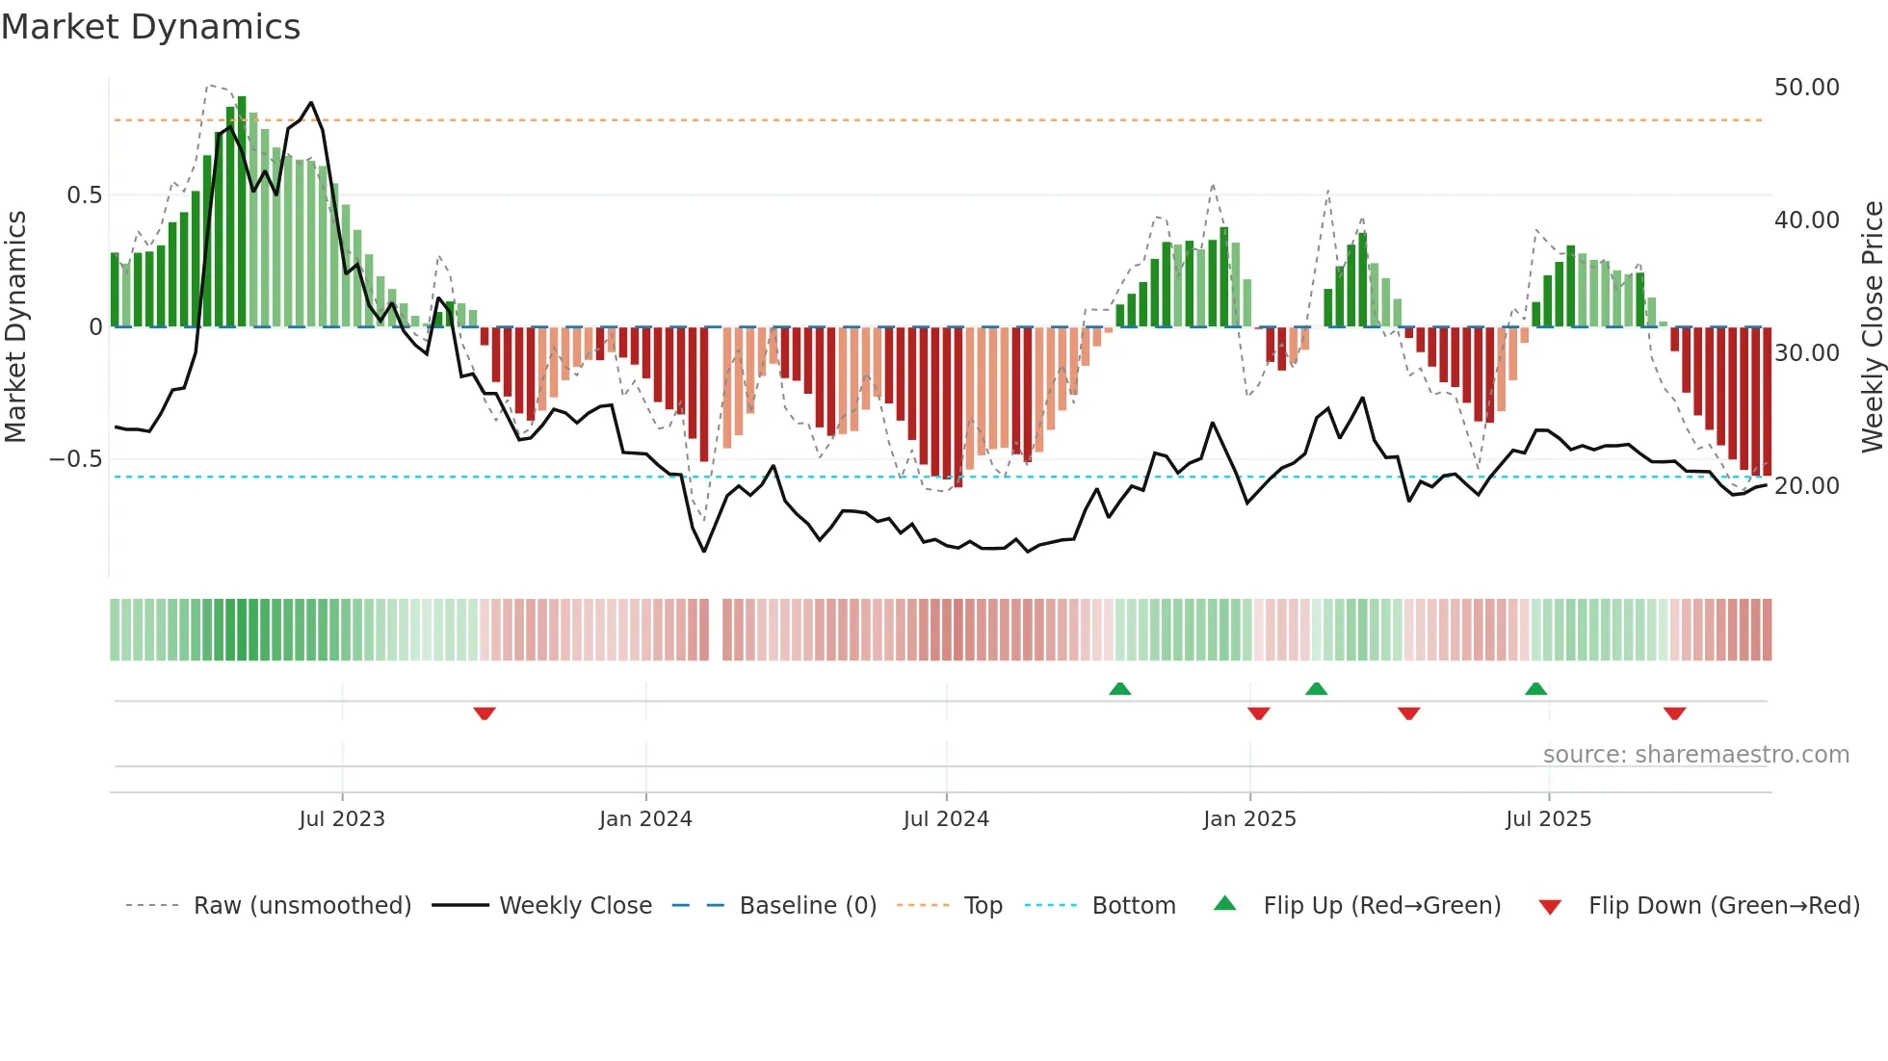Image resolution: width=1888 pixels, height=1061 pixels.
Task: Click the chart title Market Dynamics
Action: click(x=150, y=27)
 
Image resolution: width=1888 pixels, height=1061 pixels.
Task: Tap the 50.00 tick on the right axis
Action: click(x=1806, y=88)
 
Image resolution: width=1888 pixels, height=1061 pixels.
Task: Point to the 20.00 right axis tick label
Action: click(x=1806, y=486)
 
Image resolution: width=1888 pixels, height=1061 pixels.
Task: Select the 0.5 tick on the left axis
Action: click(x=84, y=195)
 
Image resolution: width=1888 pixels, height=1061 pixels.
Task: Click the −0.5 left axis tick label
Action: click(x=75, y=459)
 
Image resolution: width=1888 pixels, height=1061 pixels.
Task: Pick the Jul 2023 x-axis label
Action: click(x=342, y=819)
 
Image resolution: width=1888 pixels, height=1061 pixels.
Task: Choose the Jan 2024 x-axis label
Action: click(x=645, y=819)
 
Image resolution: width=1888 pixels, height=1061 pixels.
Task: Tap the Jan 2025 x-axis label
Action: click(x=1249, y=819)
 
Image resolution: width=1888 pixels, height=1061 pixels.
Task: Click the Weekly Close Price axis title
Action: click(x=1872, y=326)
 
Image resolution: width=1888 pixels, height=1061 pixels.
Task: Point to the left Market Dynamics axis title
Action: click(x=15, y=326)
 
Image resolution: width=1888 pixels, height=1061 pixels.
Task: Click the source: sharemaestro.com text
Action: click(x=1695, y=755)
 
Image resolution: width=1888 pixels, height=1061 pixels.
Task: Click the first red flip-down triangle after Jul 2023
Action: click(x=485, y=713)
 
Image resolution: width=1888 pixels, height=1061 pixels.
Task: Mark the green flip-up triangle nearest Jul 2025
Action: click(x=1535, y=688)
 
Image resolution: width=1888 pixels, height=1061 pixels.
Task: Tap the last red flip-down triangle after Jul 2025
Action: click(x=1674, y=713)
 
